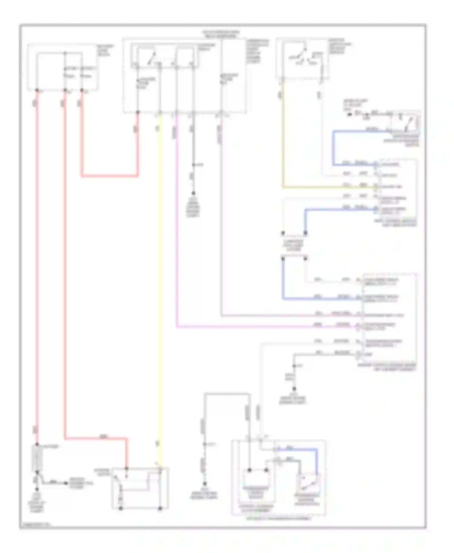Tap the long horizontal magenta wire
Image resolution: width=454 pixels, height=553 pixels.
[x=257, y=327]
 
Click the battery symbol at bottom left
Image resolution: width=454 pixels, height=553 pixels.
[x=37, y=458]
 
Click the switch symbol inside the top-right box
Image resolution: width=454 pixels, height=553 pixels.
[x=306, y=54]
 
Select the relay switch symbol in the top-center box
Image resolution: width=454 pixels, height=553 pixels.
[x=151, y=57]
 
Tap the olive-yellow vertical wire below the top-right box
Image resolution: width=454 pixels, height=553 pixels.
[x=282, y=136]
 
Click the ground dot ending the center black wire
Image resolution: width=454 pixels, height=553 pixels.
[x=193, y=193]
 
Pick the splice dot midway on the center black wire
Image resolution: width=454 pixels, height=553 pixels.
[x=193, y=165]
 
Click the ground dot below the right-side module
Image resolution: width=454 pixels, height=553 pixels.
[x=294, y=389]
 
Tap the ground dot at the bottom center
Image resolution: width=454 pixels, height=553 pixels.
[x=205, y=483]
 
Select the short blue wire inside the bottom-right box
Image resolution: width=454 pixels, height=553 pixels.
[x=316, y=460]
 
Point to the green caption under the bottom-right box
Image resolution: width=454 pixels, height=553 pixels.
[x=278, y=519]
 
